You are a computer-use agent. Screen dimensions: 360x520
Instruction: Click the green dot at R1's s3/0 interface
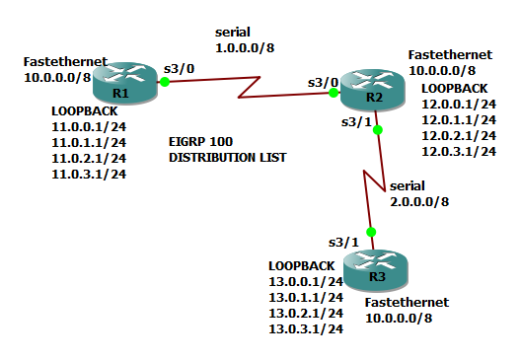[165, 81]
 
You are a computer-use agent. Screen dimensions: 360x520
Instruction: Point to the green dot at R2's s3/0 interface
[334, 93]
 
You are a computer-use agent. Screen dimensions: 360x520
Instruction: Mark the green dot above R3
[371, 232]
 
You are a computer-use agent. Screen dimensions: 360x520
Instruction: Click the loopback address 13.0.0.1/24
[306, 282]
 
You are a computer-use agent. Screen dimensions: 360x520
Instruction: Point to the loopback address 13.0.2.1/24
[306, 313]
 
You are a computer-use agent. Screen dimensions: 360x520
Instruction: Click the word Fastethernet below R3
[406, 302]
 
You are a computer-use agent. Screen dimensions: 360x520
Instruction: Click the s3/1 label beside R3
[341, 241]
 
